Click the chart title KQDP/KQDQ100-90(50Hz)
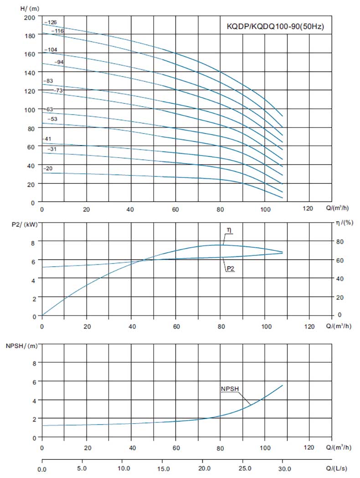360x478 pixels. click(x=275, y=26)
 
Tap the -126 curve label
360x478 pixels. click(x=51, y=22)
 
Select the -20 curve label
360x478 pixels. click(x=48, y=169)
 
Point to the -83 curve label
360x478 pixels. click(x=48, y=81)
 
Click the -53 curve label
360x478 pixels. click(x=53, y=119)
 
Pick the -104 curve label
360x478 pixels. click(x=51, y=50)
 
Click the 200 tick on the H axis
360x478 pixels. click(x=30, y=17)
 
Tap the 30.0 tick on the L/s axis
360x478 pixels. click(x=283, y=468)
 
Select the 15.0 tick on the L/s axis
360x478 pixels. click(x=163, y=468)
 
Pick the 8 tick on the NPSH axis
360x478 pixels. click(x=34, y=363)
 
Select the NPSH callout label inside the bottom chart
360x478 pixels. click(x=230, y=389)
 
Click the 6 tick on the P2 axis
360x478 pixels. click(x=34, y=260)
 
